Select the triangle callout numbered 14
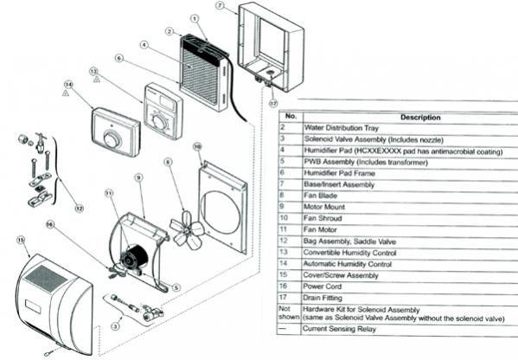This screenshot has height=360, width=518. (x=66, y=86)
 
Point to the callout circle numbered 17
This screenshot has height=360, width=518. (x=273, y=103)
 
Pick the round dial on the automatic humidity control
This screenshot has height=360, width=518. (x=111, y=138)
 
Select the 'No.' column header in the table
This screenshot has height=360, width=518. (x=291, y=117)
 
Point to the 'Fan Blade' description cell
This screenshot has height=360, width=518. (x=319, y=195)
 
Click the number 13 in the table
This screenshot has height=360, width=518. (x=291, y=251)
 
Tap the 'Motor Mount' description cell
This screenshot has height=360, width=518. (x=323, y=206)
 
